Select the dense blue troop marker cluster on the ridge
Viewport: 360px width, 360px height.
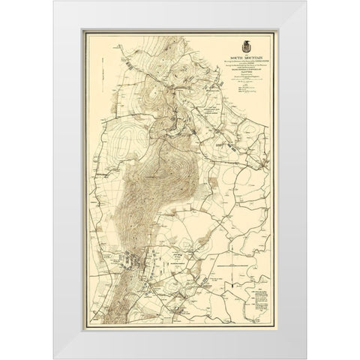pos(131,263)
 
